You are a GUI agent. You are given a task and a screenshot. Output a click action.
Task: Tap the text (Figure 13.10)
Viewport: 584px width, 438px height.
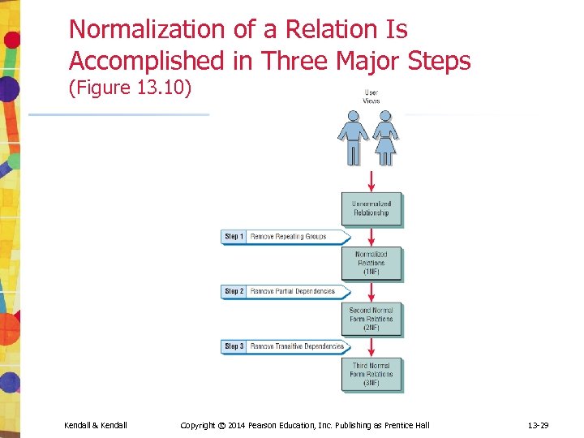point(131,87)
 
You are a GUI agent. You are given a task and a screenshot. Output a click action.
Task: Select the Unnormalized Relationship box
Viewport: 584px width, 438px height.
point(371,209)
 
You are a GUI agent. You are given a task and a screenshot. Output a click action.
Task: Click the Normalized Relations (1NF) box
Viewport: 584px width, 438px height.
point(371,264)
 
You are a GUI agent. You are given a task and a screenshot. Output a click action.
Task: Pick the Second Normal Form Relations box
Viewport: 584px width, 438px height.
point(371,319)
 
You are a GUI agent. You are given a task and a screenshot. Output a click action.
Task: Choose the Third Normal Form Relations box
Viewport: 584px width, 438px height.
point(371,374)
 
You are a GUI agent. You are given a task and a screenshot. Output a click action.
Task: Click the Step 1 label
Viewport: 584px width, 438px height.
point(234,237)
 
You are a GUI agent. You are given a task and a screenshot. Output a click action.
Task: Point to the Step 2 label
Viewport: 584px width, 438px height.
point(234,291)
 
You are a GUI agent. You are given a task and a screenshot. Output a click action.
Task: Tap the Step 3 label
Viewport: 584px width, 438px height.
point(234,346)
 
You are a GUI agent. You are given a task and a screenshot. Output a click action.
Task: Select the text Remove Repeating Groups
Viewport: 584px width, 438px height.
point(288,237)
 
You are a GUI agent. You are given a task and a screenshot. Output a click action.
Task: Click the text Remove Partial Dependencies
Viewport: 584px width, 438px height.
point(292,291)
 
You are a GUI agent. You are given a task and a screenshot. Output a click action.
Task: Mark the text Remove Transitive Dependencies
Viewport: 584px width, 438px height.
point(297,346)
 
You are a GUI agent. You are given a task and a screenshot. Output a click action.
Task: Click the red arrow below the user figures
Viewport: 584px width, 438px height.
point(371,181)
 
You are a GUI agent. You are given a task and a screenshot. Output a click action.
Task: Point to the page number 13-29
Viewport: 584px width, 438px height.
point(539,425)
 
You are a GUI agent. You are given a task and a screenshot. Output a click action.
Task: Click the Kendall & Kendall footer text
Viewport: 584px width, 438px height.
point(95,425)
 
